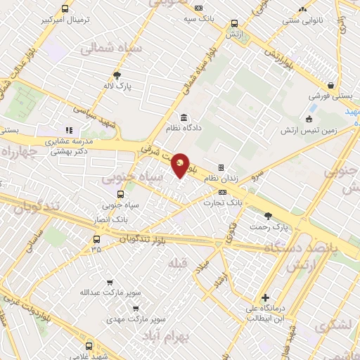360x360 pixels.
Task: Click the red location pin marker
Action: coord(181,165)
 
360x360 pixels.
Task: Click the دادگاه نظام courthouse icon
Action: coord(184,117)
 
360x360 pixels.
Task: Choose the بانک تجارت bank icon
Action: coord(222,192)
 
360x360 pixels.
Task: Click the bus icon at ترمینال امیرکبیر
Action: coord(65,9)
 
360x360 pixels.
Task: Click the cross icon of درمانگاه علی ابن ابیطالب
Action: coord(265,297)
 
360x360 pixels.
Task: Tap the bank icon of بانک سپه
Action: coord(199,8)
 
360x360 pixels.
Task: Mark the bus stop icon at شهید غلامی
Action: coord(89,345)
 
